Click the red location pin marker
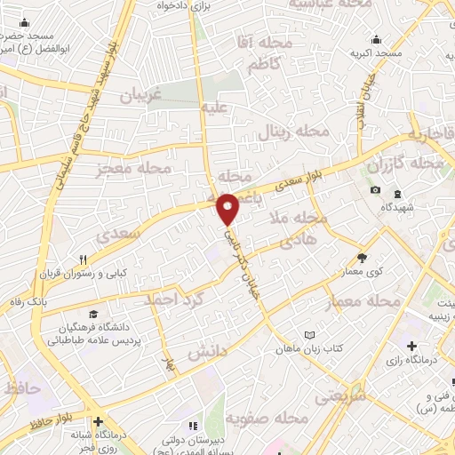(229, 207)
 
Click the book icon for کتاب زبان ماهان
(309, 334)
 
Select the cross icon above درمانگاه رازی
(411, 345)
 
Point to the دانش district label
(208, 353)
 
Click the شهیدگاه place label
(400, 206)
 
